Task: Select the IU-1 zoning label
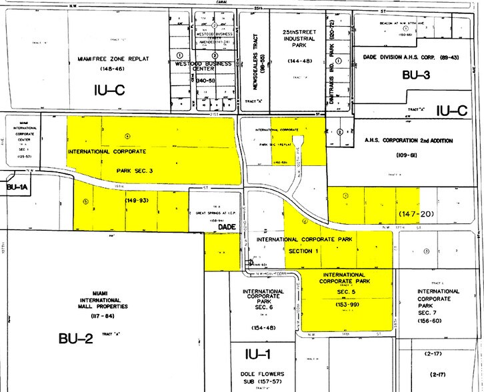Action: [x=255, y=355]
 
